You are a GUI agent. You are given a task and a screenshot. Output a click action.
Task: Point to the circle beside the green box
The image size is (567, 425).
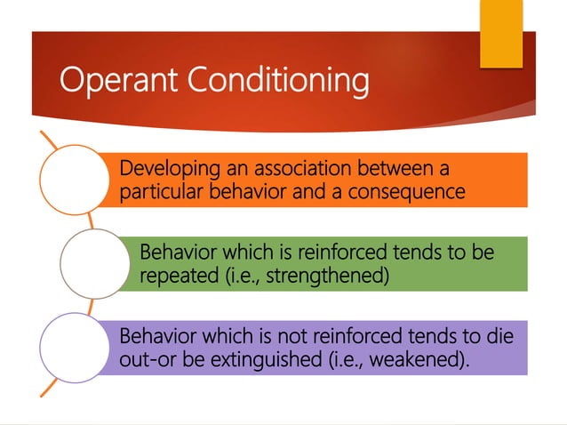click(93, 264)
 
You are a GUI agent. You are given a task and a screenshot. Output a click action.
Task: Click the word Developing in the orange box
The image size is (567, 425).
click(165, 168)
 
